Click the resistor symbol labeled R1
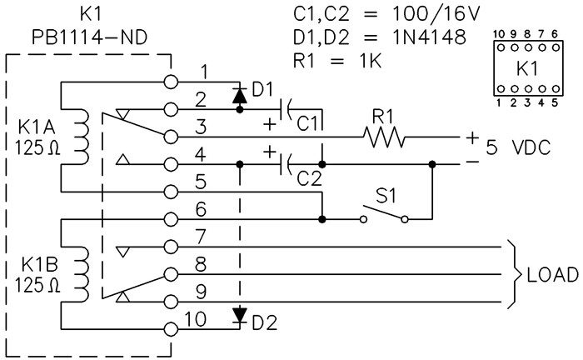[384, 137]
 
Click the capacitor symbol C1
[286, 108]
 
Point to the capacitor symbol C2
[286, 164]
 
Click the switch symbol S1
[384, 216]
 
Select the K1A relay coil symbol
[82, 137]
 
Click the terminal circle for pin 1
[172, 82]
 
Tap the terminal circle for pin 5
[172, 192]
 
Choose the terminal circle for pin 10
[172, 329]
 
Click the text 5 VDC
[519, 150]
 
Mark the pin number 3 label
[201, 127]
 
